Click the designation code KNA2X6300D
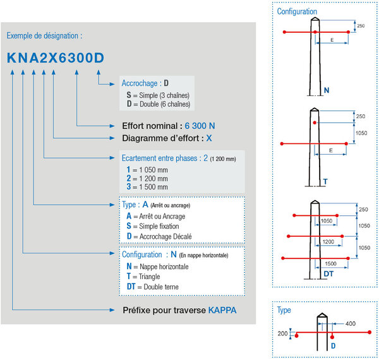[x=56, y=58]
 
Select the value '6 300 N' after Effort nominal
[x=200, y=126]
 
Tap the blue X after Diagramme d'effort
[x=209, y=138]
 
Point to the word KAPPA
[x=222, y=310]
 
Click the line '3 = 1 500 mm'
[x=147, y=187]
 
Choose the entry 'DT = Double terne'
[x=153, y=287]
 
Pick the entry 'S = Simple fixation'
[x=153, y=226]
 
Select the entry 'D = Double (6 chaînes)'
[x=159, y=104]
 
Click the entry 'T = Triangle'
[x=143, y=277]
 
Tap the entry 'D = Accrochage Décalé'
[x=159, y=236]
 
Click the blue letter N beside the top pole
[x=327, y=90]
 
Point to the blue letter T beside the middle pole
[x=325, y=181]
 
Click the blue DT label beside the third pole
[x=328, y=274]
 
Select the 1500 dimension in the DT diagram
[x=330, y=263]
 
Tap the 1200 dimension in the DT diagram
[x=328, y=242]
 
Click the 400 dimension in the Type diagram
[x=351, y=323]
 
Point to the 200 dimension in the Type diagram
[x=282, y=333]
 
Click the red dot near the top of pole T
[x=315, y=123]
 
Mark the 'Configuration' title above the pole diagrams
[x=297, y=11]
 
